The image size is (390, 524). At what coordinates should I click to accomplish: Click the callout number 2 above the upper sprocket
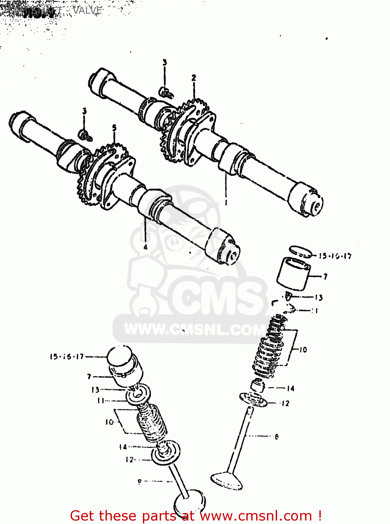194,78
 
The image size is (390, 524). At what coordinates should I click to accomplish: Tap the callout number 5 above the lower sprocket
114,128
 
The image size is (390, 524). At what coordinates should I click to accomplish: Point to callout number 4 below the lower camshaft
145,247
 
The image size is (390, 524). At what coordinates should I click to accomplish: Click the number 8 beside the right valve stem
277,436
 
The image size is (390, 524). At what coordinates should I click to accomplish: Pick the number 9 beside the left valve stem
140,481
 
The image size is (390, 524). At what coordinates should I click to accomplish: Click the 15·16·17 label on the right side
335,256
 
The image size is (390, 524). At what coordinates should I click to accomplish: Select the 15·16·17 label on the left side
67,357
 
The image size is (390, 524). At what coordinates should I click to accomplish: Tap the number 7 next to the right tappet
325,277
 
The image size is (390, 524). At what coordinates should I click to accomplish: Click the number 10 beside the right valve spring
303,350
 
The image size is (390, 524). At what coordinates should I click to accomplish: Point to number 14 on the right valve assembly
290,388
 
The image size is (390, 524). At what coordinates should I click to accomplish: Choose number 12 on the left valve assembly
130,460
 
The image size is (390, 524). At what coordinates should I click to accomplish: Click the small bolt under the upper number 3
166,92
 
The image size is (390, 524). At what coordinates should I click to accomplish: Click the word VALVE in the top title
87,10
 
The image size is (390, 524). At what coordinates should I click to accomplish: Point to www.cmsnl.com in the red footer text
256,516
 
